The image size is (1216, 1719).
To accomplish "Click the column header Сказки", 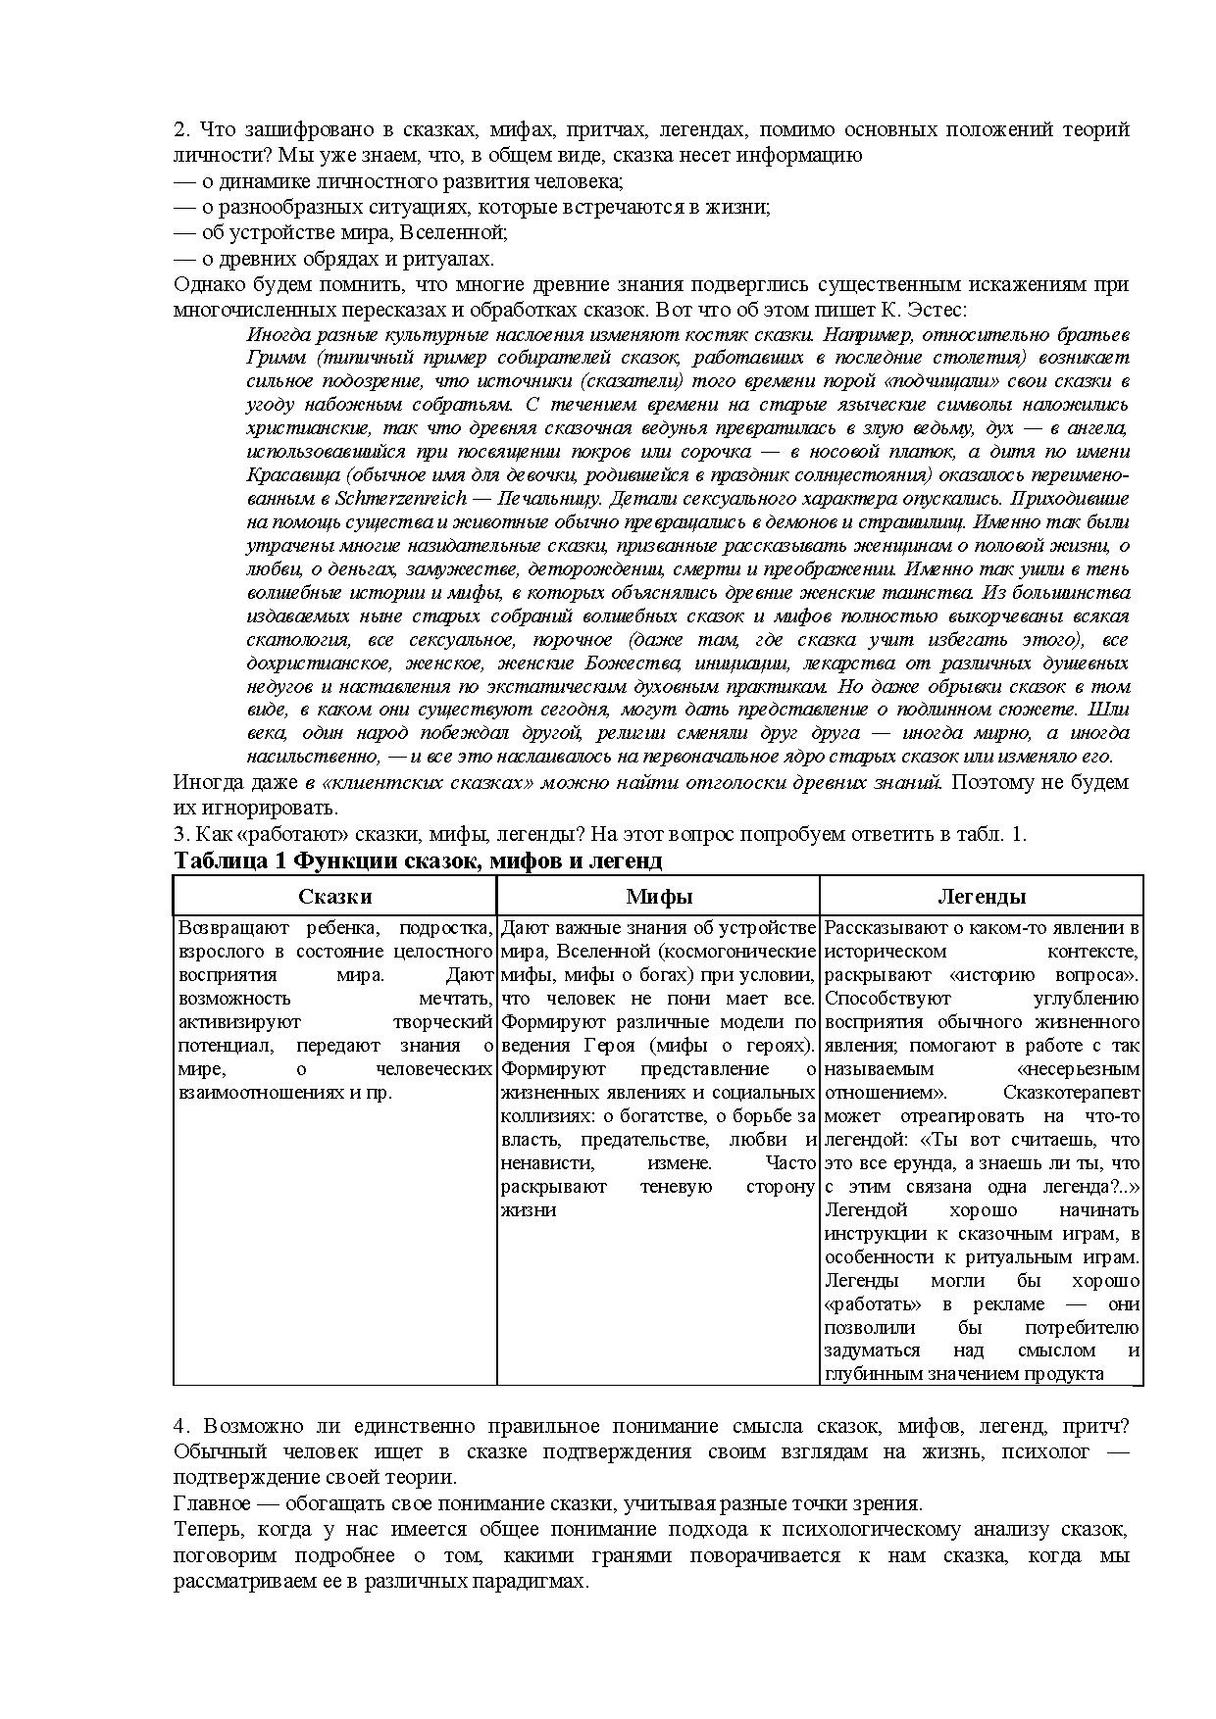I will pyautogui.click(x=334, y=896).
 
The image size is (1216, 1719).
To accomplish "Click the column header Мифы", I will pyautogui.click(x=658, y=896).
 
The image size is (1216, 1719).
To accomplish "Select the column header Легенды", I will pyautogui.click(x=982, y=896).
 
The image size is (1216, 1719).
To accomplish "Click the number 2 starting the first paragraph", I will pyautogui.click(x=179, y=129).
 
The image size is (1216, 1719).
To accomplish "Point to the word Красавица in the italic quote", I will pyautogui.click(x=288, y=474).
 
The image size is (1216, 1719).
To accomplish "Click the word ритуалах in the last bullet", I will pyautogui.click(x=453, y=259).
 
